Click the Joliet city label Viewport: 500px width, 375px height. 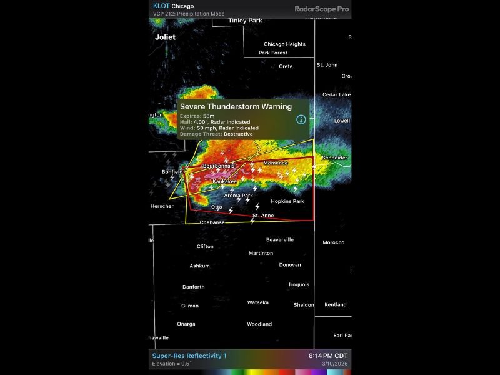(166, 37)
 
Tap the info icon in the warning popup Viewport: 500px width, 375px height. (301, 119)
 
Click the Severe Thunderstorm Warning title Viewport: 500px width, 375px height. (236, 107)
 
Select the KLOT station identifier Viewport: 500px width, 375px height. (161, 6)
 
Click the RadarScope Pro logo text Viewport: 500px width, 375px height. (321, 9)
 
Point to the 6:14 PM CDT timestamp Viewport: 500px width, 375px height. (327, 356)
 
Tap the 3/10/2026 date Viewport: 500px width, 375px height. (336, 364)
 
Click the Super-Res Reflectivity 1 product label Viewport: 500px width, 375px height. (189, 356)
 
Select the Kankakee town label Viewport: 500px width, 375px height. (224, 181)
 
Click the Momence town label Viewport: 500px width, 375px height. (276, 163)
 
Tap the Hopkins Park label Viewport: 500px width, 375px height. (287, 202)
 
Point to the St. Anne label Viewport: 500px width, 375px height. (263, 216)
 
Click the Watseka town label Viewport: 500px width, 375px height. (257, 302)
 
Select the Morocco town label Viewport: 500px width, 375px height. (333, 242)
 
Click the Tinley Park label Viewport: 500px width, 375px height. (245, 21)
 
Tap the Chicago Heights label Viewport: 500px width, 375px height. (284, 44)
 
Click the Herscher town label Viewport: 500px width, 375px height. (162, 206)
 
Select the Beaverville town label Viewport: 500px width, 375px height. (280, 240)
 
